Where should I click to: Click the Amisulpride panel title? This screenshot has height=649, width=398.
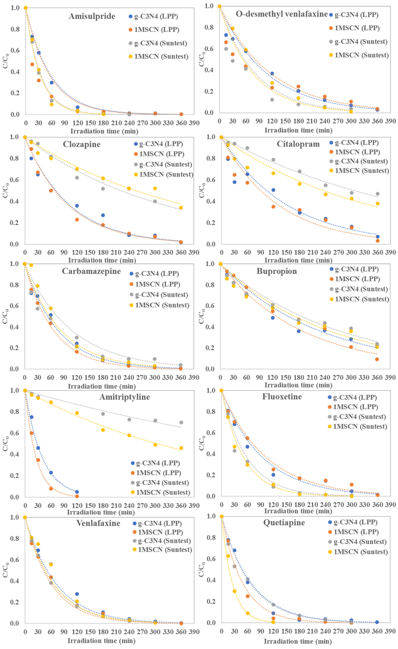click(92, 16)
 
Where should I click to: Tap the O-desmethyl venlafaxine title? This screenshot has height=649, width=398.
click(281, 14)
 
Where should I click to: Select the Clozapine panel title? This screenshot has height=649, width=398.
click(82, 144)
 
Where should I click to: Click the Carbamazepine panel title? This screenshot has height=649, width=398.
click(91, 271)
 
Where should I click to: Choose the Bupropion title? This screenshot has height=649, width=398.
click(277, 271)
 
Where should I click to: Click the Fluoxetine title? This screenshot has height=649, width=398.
click(282, 397)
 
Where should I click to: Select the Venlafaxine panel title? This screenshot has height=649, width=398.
click(98, 523)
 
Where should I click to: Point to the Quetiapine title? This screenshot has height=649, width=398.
click(284, 523)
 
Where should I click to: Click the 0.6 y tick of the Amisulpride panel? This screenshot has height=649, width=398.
click(15, 50)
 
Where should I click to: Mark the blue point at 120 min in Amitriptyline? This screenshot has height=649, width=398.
click(77, 492)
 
